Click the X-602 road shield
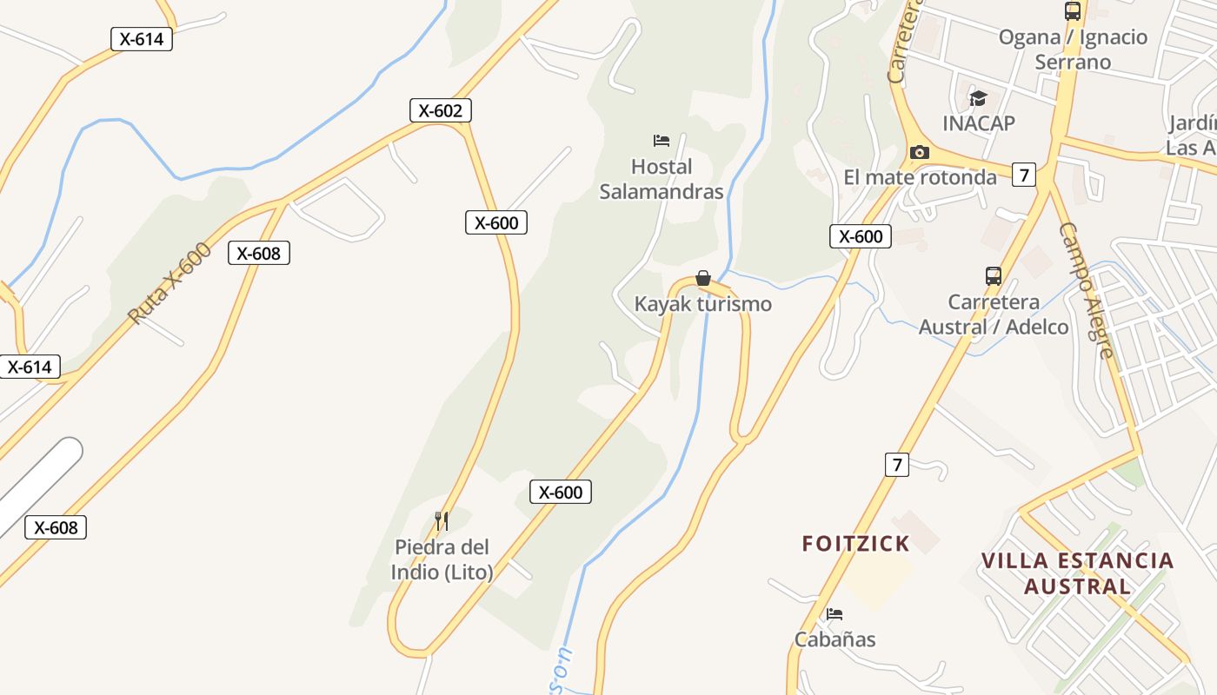coord(441,110)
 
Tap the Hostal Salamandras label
coord(662,179)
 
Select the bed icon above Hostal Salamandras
coord(662,140)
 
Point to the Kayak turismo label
coord(702,304)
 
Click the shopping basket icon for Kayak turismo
coord(703,278)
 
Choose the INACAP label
coord(979,123)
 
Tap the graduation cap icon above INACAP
coord(979,97)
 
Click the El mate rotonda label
coord(920,177)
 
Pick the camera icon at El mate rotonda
coord(919,153)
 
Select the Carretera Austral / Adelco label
coord(994,314)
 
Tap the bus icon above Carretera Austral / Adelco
coord(994,276)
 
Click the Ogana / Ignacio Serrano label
coord(1073,50)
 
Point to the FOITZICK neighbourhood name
coord(855,544)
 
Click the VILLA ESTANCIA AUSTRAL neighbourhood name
coord(1078,573)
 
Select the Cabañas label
coord(835,639)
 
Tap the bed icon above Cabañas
coord(835,613)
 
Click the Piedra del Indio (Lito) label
coord(442,559)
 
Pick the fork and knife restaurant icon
coord(442,521)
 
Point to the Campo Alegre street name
coord(1087,289)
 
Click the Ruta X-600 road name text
coord(170,283)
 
